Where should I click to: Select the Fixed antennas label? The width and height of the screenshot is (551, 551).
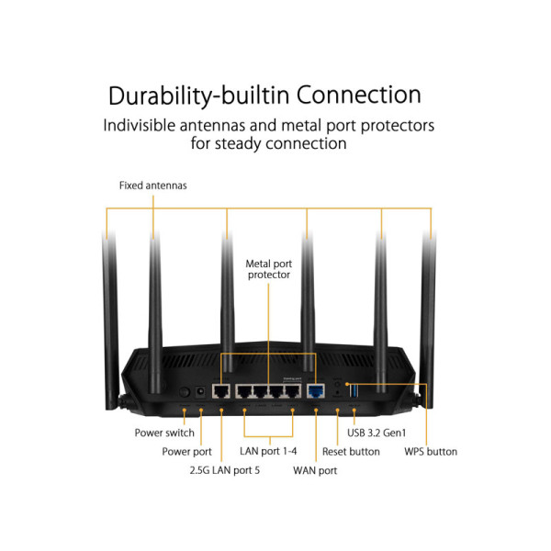point(152,186)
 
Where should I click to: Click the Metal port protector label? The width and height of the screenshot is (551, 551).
point(268,269)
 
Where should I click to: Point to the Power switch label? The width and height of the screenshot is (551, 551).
point(164,433)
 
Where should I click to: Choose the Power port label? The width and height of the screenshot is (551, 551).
point(186,452)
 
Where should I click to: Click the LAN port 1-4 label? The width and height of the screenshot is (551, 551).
point(268,452)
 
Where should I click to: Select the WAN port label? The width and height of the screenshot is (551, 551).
point(315,471)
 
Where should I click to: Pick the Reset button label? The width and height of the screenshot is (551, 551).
point(351,452)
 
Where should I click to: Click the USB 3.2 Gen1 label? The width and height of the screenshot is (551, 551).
point(377,433)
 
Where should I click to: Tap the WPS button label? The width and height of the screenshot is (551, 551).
point(431,452)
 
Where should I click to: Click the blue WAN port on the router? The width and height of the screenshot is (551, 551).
point(316,391)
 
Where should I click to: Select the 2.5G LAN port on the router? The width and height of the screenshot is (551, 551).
point(221,391)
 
